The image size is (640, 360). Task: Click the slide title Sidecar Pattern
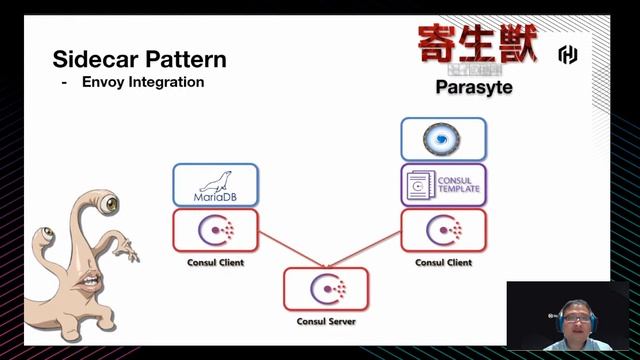[x=139, y=59]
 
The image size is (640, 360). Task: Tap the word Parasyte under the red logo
[x=473, y=87]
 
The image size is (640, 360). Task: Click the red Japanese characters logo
[x=477, y=44]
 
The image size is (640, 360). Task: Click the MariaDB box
[x=216, y=184]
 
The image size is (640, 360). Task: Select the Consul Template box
[x=444, y=184]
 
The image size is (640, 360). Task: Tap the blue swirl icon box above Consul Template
[x=444, y=140]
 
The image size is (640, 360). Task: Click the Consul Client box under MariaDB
[x=216, y=231]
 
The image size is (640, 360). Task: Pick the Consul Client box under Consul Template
[x=444, y=231]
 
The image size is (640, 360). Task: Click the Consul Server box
[x=327, y=289]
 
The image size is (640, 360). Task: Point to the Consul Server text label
[x=327, y=322]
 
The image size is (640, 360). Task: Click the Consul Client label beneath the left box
[x=216, y=263]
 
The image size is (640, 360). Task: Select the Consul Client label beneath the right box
[x=444, y=263]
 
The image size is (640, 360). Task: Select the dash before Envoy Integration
[x=64, y=82]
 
